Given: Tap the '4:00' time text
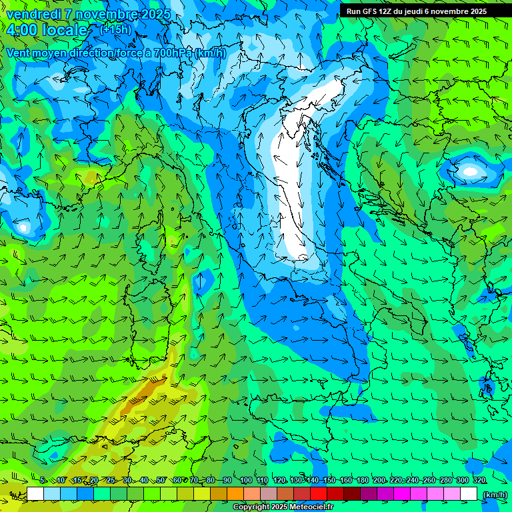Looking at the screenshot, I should (25, 30).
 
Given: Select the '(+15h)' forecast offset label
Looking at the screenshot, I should (115, 29).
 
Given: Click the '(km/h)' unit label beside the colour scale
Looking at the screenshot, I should (494, 495).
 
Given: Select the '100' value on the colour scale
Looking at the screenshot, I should (246, 481).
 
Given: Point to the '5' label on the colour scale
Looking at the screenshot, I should (43, 481).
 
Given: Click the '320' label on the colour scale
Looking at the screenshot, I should (479, 481).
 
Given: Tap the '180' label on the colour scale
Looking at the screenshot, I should (362, 481).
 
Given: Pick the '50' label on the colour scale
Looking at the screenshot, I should (161, 481).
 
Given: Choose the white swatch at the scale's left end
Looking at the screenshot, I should (35, 494).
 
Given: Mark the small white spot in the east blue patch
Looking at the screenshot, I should (470, 171).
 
